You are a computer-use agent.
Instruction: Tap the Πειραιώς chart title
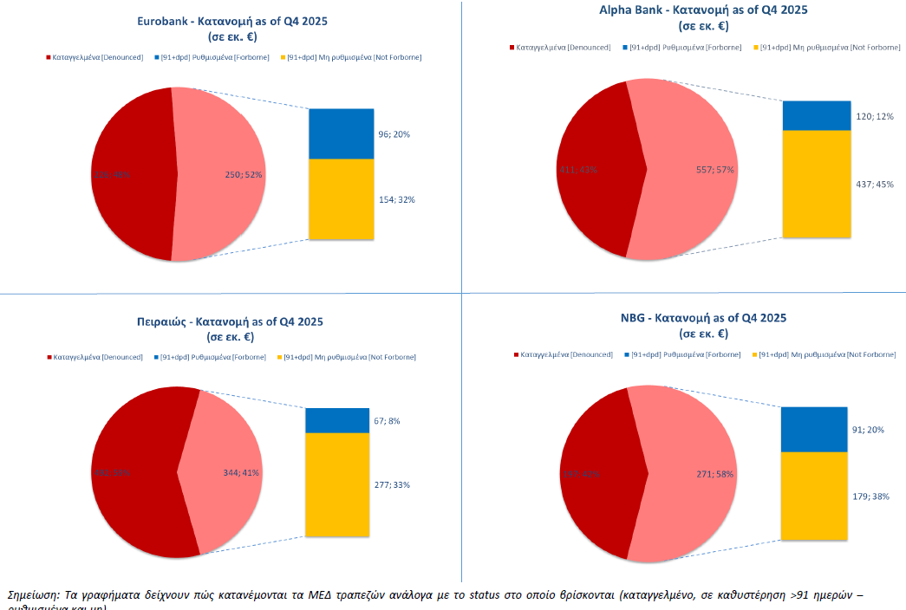tap(230, 321)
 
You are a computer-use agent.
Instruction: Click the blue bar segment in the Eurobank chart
tap(342, 133)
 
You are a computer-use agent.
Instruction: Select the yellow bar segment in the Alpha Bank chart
tap(817, 184)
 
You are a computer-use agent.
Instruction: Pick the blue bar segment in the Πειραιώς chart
tap(337, 420)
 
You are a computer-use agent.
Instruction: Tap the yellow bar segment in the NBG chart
tap(813, 496)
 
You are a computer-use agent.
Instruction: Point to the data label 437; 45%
tap(873, 184)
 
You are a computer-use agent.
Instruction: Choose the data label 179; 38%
tap(870, 496)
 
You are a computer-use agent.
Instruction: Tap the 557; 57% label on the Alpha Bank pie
tap(715, 170)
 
